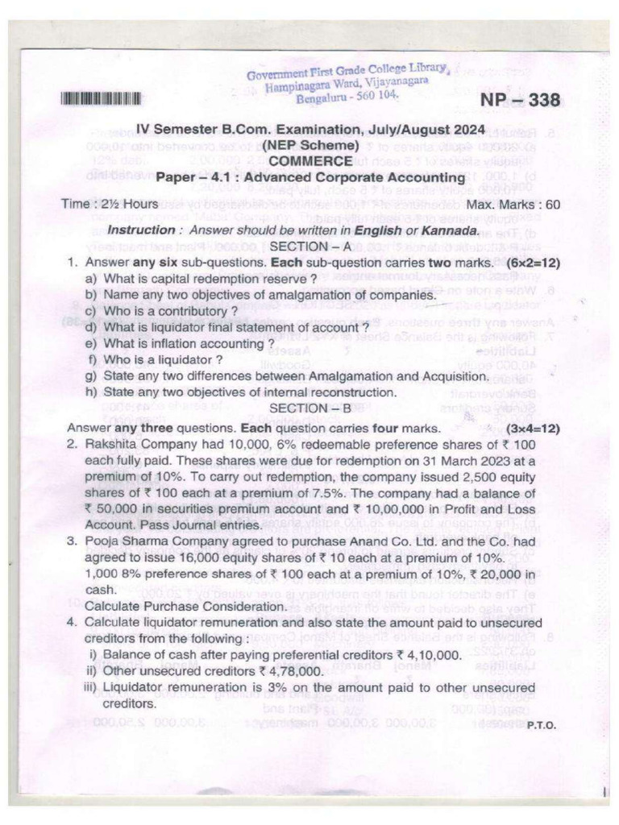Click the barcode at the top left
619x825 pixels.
pos(102,99)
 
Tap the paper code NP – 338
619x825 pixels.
pos(520,101)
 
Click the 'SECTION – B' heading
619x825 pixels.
pos(311,408)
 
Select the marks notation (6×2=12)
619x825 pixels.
pos(534,263)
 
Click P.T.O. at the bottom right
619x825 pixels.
pos(541,724)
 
